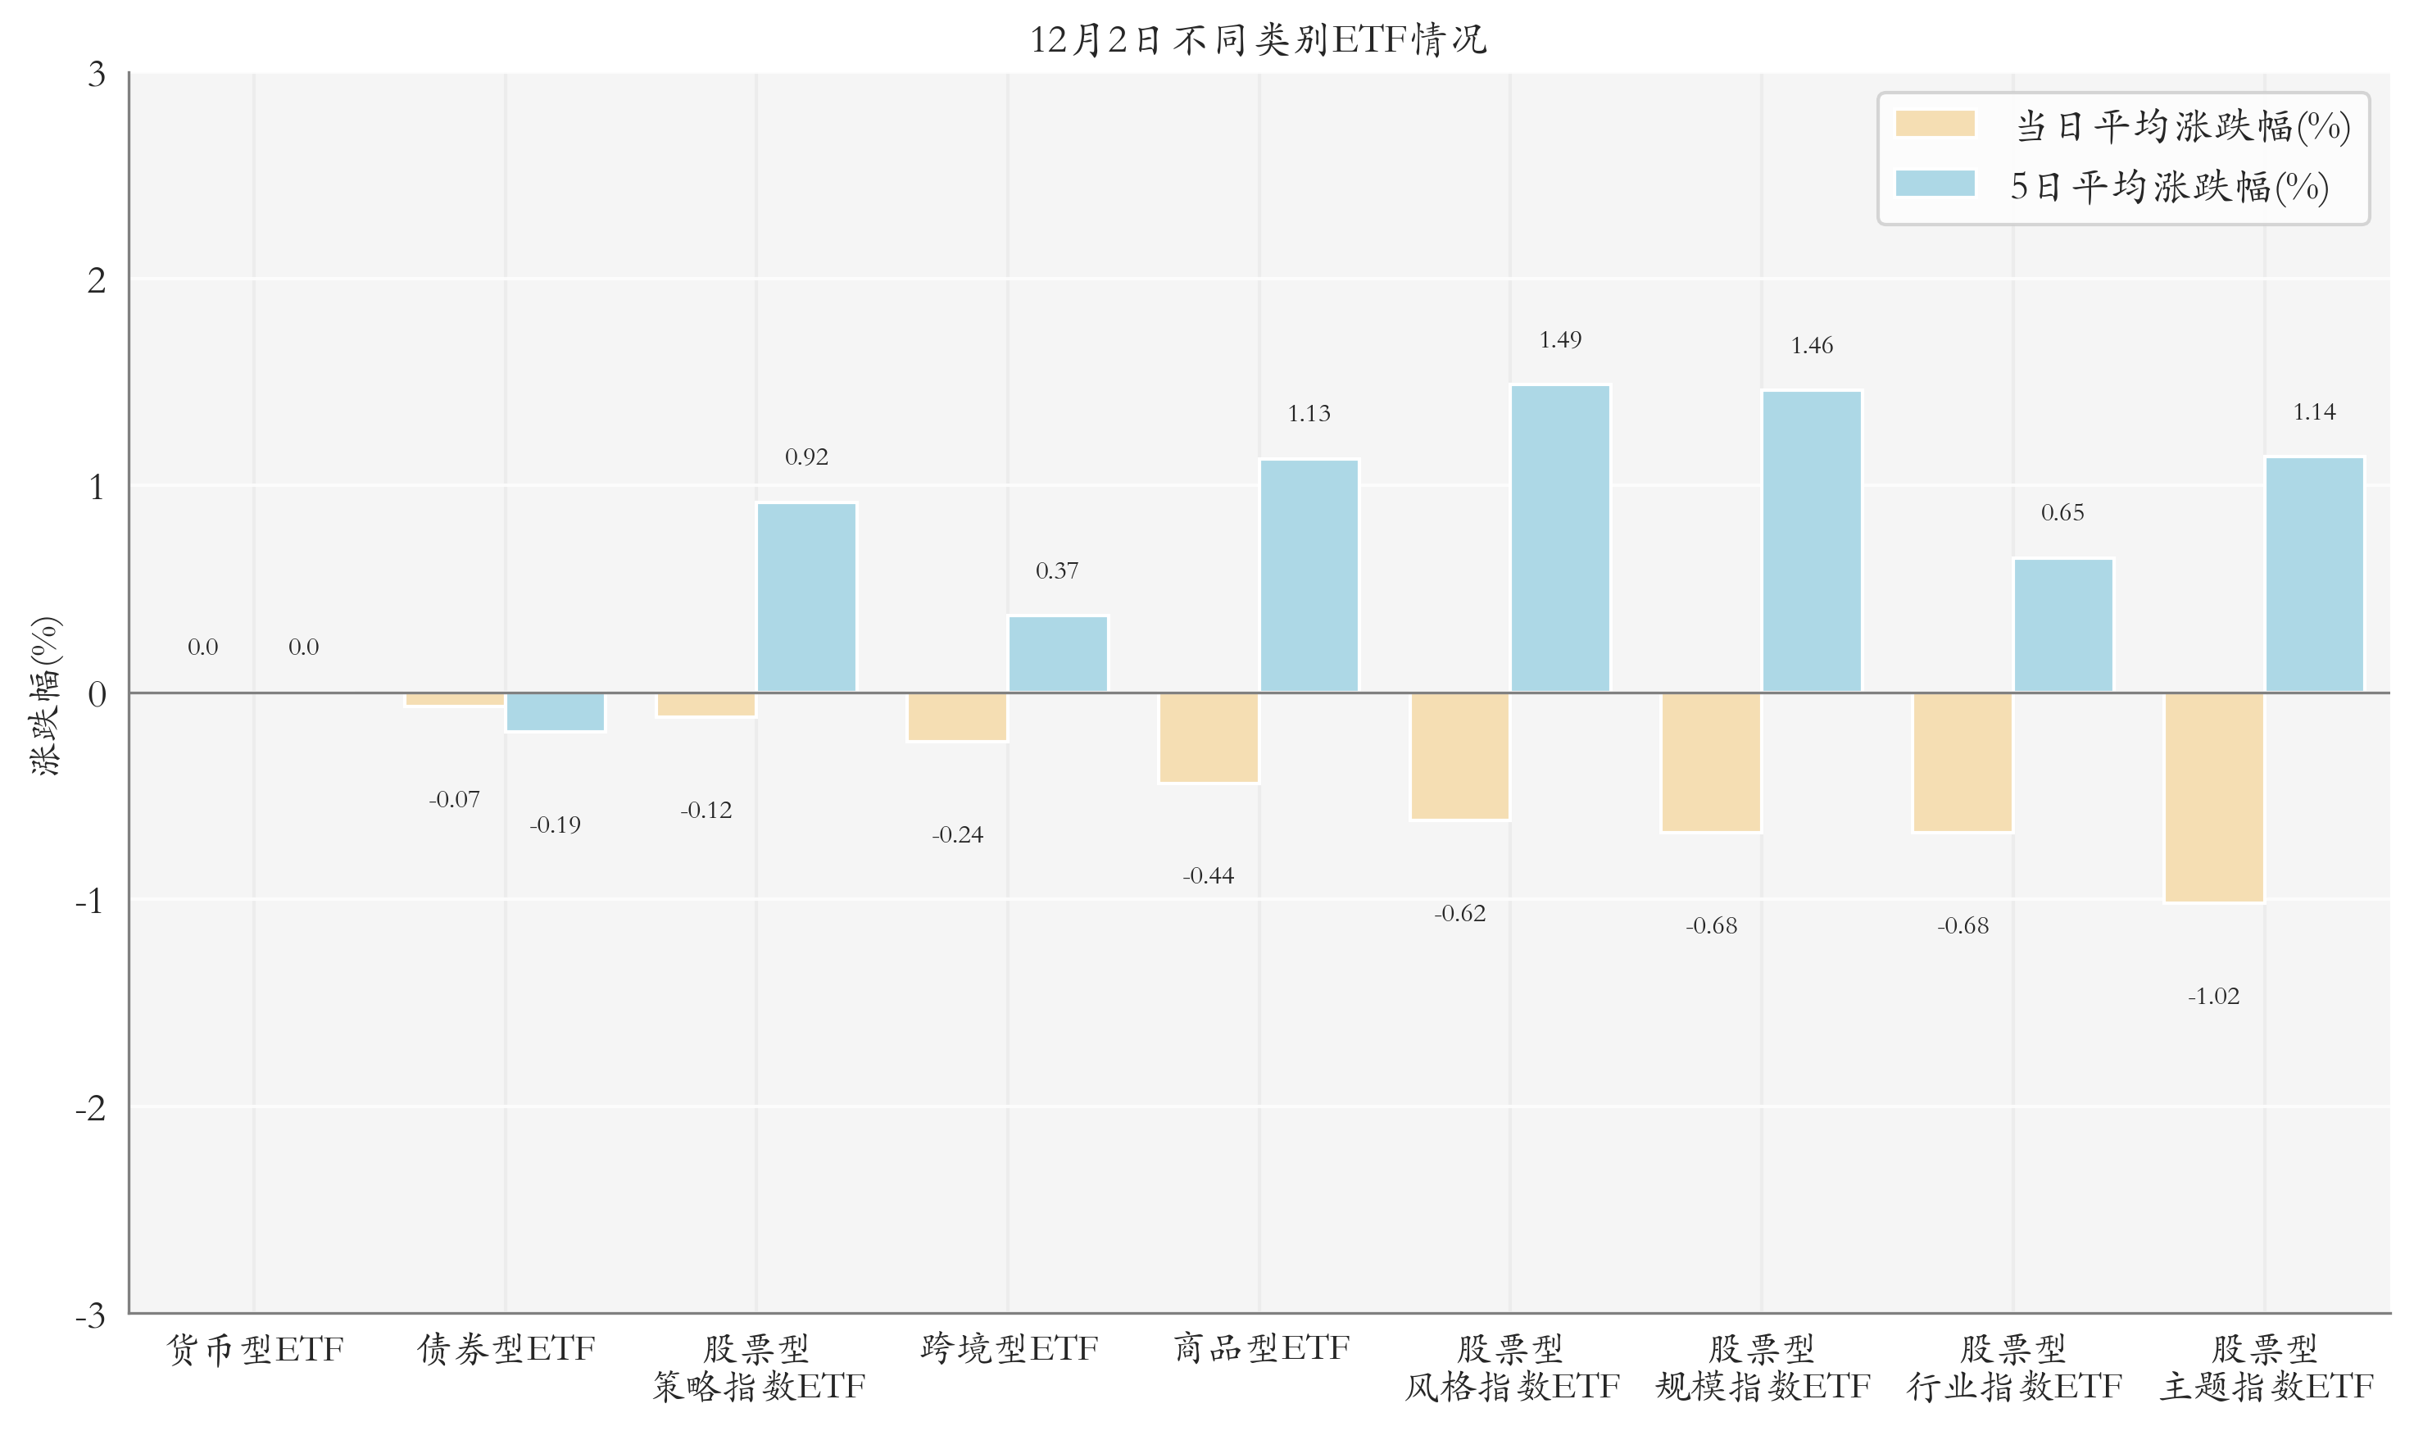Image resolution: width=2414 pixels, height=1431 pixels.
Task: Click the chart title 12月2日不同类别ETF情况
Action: [x=1257, y=40]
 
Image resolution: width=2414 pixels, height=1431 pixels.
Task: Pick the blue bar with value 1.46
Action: [x=1811, y=541]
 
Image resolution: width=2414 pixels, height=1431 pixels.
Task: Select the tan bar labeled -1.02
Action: [x=2213, y=797]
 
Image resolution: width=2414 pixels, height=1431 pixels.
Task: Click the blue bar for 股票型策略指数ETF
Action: [x=806, y=597]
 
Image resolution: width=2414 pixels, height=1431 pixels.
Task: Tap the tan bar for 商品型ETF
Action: [x=1208, y=738]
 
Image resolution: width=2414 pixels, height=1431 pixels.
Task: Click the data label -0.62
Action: [x=1459, y=913]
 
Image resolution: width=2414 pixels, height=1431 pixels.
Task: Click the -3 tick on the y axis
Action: [x=91, y=1315]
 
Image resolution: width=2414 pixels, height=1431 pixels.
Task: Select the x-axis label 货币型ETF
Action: [x=255, y=1348]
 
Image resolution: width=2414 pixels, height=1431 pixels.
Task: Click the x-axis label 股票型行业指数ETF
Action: [x=2013, y=1367]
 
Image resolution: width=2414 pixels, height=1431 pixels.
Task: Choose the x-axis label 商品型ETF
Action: [x=1260, y=1348]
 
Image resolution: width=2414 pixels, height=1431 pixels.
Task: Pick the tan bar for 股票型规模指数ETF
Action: [x=1710, y=761]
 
